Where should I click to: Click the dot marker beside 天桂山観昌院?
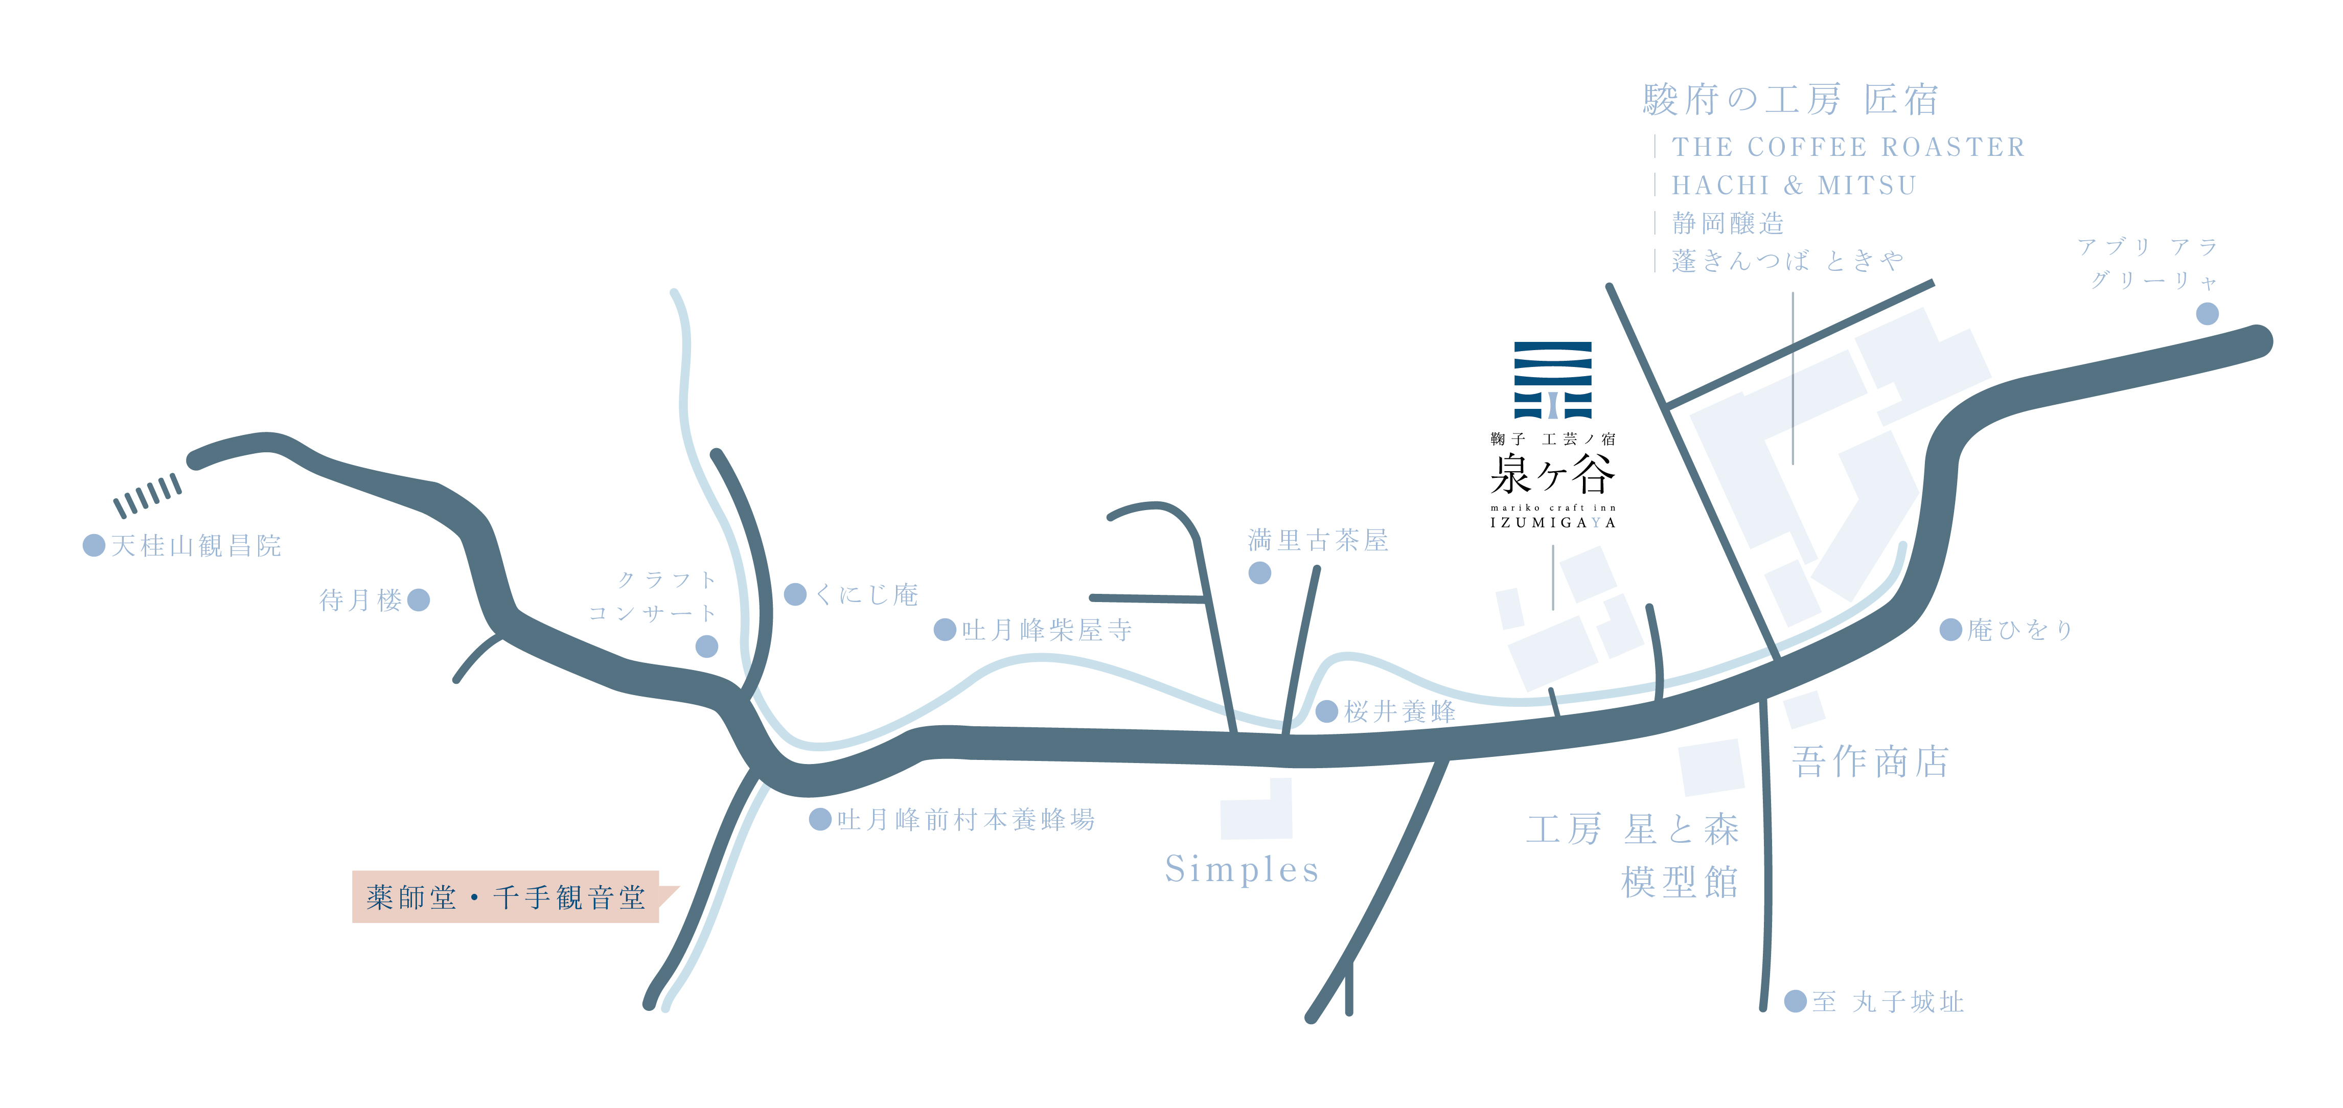(x=94, y=545)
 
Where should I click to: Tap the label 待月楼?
(x=360, y=601)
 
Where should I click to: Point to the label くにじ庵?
(x=867, y=595)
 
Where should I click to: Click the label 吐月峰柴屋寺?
(x=1047, y=630)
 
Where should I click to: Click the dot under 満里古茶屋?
(x=1260, y=572)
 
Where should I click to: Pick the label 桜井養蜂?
(x=1400, y=711)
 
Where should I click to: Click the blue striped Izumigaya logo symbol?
(x=1553, y=380)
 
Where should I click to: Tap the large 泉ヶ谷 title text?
(x=1553, y=474)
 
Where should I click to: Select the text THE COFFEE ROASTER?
(x=1848, y=147)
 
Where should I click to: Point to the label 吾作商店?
(x=1870, y=761)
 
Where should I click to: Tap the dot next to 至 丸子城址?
(x=1796, y=1001)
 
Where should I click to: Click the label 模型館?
(x=1680, y=882)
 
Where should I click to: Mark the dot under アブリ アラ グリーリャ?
(x=2208, y=314)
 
